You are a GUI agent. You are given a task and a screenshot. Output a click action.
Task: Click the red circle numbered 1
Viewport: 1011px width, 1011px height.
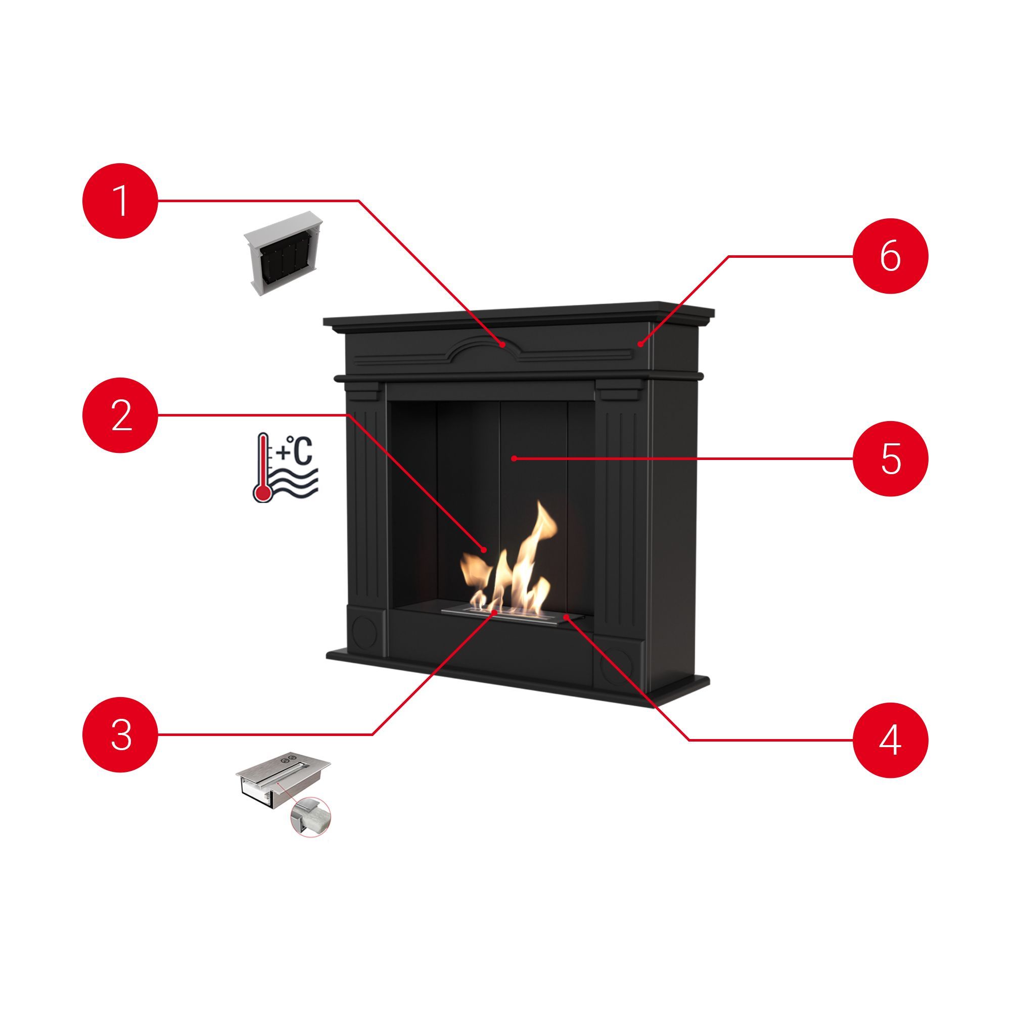pyautogui.click(x=120, y=200)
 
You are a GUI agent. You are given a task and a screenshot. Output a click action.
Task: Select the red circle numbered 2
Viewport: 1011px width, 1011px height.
pyautogui.click(x=120, y=415)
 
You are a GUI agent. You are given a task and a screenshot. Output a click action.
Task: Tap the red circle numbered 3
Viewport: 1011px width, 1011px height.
pyautogui.click(x=120, y=734)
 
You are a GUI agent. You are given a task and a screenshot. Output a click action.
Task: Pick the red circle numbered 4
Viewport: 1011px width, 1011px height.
pyautogui.click(x=891, y=740)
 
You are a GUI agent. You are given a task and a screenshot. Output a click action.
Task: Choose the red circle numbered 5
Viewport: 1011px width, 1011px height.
pyautogui.click(x=891, y=458)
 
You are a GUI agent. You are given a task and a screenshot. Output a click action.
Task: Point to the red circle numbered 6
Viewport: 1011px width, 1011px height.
pyautogui.click(x=891, y=256)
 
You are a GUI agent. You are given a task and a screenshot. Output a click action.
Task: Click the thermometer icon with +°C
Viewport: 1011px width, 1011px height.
pyautogui.click(x=285, y=468)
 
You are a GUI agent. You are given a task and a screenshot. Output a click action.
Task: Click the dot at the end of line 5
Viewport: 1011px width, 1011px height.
pyautogui.click(x=515, y=458)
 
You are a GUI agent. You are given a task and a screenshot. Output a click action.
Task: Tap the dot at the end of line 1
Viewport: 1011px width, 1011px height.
pyautogui.click(x=502, y=344)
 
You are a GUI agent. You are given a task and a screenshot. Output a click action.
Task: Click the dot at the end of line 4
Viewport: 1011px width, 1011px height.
pyautogui.click(x=566, y=618)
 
